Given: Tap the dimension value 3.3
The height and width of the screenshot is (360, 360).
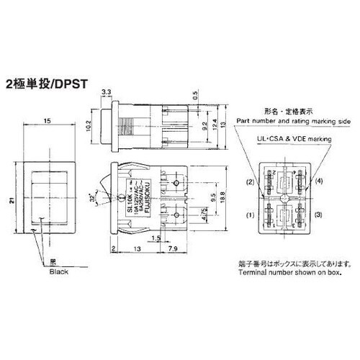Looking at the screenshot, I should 106,92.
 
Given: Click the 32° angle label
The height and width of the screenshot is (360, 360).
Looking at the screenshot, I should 92,196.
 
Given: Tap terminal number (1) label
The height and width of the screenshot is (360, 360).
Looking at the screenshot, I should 251,215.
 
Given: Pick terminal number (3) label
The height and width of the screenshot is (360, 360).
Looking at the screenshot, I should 318,215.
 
